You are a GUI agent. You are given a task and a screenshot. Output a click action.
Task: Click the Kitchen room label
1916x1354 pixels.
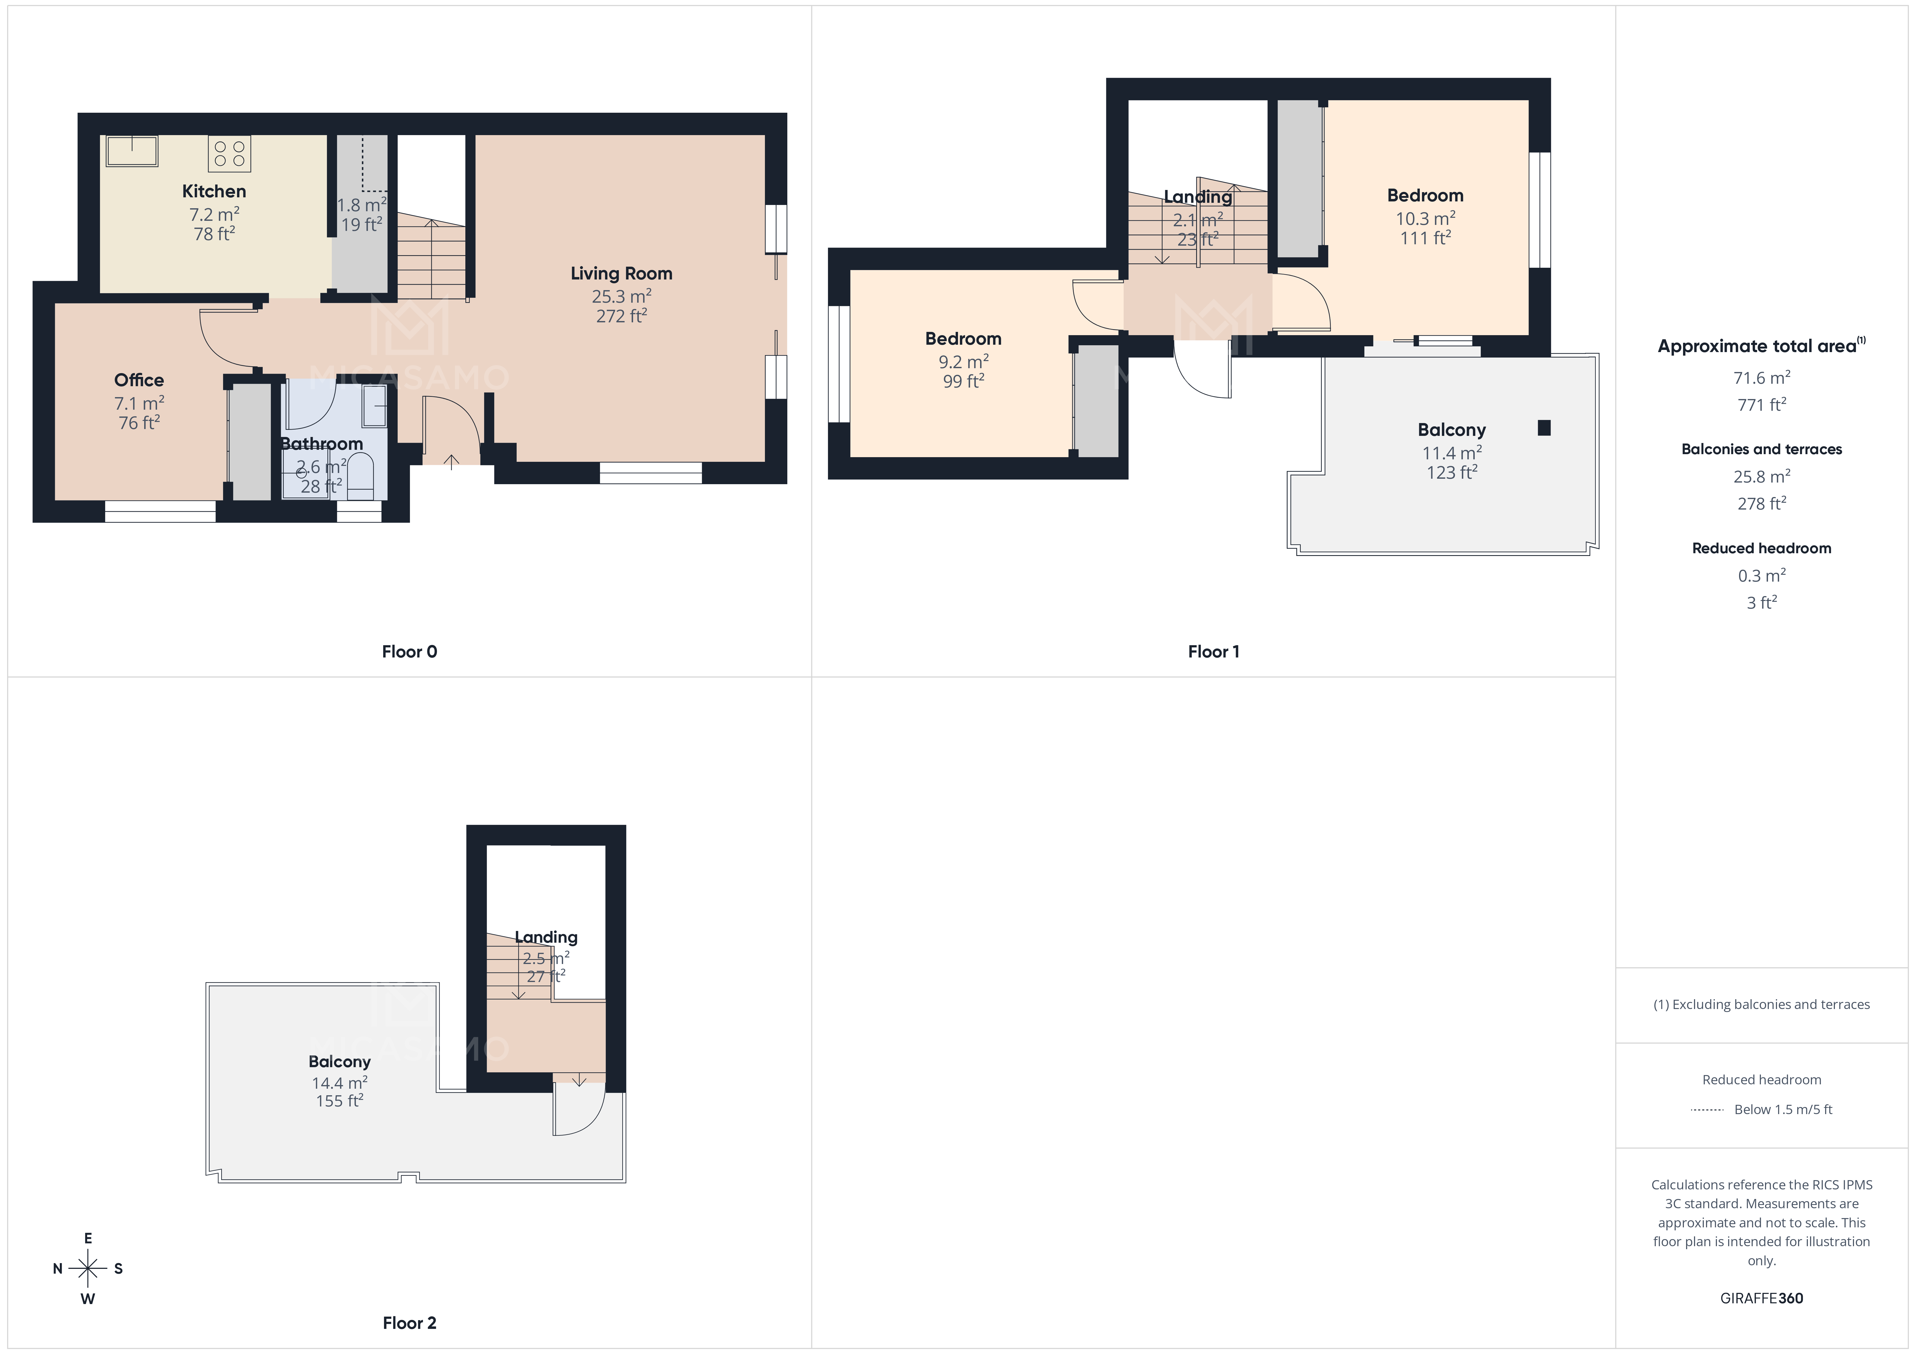(x=214, y=191)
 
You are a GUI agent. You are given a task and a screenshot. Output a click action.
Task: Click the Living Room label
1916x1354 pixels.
(x=621, y=274)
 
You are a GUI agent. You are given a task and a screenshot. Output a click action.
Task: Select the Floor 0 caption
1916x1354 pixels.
(x=409, y=651)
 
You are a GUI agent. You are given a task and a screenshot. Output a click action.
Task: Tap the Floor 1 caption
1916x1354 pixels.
(x=1213, y=651)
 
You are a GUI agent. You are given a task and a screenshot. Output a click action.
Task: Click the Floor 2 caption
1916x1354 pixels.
(x=409, y=1322)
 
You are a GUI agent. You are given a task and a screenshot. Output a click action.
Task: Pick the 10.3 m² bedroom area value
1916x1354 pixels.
(x=1425, y=219)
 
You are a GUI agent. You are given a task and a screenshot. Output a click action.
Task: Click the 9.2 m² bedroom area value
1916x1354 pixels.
(x=963, y=362)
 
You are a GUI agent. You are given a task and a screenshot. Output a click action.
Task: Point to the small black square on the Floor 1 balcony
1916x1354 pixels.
(x=1544, y=428)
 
